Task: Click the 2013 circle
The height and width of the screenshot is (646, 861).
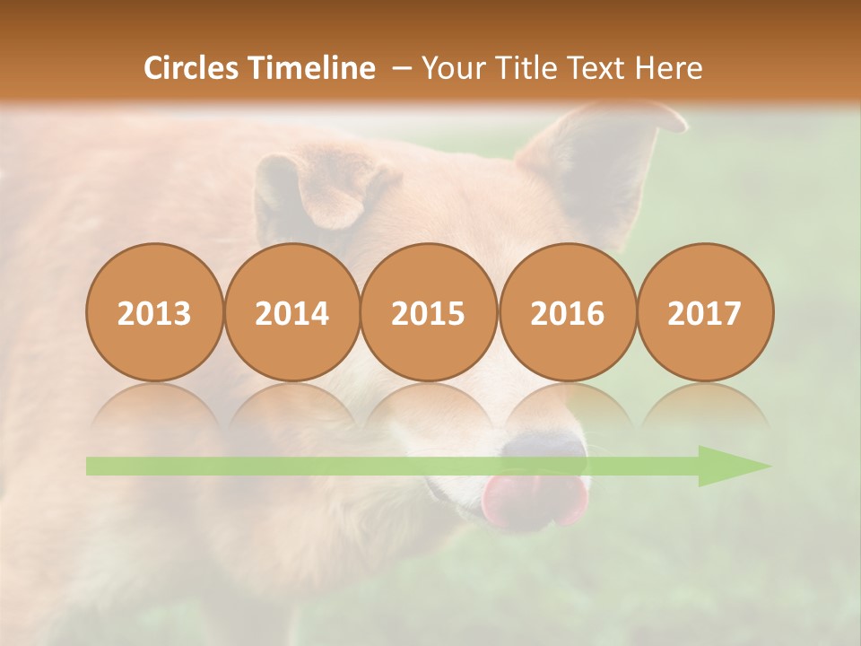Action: tap(154, 313)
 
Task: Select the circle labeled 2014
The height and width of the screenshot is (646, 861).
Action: tap(291, 313)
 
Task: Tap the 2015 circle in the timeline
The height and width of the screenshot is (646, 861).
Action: tap(429, 313)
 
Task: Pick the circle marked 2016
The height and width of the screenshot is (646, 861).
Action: tap(567, 313)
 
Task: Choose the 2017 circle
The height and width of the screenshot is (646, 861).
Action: tap(704, 313)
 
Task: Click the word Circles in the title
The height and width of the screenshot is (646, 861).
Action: tap(192, 68)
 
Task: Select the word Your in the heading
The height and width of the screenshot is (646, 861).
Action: tap(452, 68)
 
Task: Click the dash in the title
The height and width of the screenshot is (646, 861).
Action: tap(401, 68)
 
